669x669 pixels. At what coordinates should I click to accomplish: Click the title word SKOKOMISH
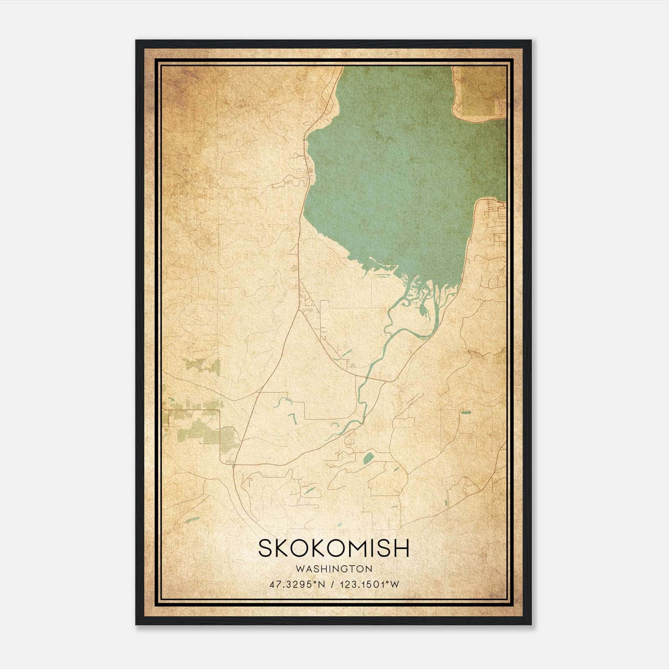[334, 548]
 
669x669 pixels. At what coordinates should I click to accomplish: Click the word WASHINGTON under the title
[334, 569]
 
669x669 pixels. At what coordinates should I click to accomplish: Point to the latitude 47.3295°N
[297, 585]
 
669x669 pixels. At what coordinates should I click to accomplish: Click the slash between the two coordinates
[332, 585]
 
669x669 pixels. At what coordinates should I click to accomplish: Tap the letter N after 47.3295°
[321, 585]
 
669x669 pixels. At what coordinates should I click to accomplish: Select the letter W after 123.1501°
[395, 585]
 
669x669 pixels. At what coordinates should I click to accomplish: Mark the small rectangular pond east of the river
[466, 412]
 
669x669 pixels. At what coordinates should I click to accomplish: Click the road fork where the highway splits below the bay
[299, 310]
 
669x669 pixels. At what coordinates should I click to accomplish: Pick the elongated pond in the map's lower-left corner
[191, 521]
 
